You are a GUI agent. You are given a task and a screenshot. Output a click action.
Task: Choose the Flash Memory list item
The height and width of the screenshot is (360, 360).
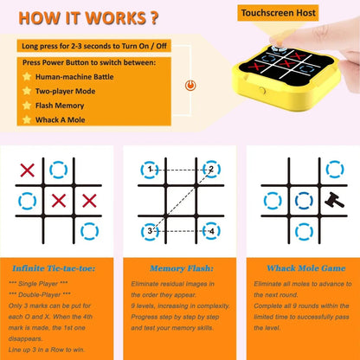click(66, 104)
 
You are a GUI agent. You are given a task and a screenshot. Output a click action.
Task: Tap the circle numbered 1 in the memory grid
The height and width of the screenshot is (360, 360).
click(152, 170)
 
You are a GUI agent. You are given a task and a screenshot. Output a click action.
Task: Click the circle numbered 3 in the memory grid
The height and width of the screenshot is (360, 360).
click(152, 230)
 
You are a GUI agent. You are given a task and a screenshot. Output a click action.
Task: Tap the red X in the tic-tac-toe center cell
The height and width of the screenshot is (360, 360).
click(59, 200)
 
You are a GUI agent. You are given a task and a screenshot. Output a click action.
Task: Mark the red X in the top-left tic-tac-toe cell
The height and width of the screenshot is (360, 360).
click(28, 170)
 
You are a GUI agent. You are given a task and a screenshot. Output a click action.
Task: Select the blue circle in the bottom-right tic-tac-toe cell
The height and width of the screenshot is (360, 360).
click(89, 230)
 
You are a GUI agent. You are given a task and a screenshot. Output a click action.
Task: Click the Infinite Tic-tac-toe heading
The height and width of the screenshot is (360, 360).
click(57, 268)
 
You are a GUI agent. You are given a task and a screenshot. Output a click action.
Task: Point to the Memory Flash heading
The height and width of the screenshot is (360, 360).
click(180, 268)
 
